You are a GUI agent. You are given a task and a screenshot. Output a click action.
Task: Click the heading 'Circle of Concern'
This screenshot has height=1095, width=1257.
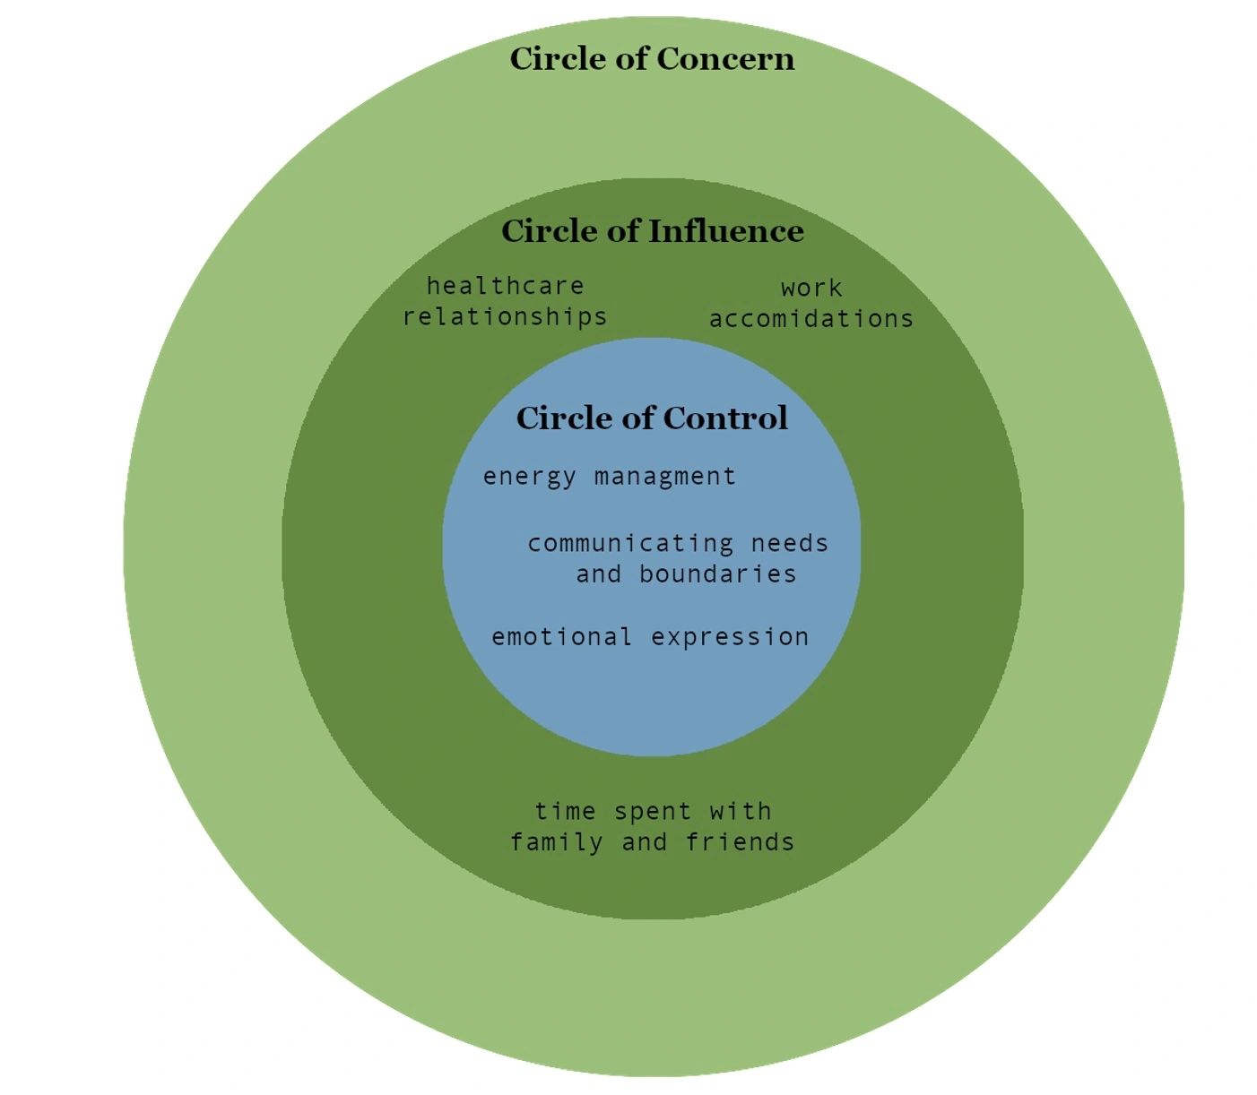pyautogui.click(x=652, y=59)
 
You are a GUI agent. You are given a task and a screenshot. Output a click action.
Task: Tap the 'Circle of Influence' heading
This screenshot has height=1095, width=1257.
pyautogui.click(x=652, y=231)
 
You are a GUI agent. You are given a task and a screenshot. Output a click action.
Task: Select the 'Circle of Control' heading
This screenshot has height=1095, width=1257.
pyautogui.click(x=652, y=418)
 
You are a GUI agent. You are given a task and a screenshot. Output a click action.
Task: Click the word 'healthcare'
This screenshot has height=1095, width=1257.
pyautogui.click(x=505, y=286)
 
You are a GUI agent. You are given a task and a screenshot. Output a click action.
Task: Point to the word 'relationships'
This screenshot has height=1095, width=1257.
pyautogui.click(x=505, y=316)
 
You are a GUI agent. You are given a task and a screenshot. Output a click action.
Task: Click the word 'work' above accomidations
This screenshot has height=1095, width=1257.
pyautogui.click(x=811, y=289)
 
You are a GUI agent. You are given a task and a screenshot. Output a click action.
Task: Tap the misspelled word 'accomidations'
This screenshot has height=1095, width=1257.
pyautogui.click(x=811, y=319)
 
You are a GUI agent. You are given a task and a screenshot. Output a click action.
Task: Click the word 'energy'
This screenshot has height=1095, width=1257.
pyautogui.click(x=529, y=477)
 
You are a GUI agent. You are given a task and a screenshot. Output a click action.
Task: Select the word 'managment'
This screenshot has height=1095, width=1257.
pyautogui.click(x=664, y=477)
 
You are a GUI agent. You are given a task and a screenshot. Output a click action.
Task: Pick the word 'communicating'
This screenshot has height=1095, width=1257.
pyautogui.click(x=630, y=543)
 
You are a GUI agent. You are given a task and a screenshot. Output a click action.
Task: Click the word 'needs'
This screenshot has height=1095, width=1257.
pyautogui.click(x=790, y=543)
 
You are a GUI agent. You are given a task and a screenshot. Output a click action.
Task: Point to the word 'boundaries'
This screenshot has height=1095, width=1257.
pyautogui.click(x=717, y=573)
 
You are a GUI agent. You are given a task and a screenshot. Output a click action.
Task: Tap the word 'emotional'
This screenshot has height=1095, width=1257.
pyautogui.click(x=561, y=637)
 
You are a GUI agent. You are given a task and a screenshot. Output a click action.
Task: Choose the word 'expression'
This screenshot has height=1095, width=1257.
pyautogui.click(x=730, y=637)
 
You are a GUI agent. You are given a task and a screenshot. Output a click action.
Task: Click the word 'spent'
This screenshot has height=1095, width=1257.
pyautogui.click(x=653, y=812)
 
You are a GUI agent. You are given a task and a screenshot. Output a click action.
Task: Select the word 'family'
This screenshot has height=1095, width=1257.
pyautogui.click(x=557, y=842)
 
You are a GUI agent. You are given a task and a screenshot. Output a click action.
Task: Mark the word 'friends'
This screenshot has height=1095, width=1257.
pyautogui.click(x=740, y=842)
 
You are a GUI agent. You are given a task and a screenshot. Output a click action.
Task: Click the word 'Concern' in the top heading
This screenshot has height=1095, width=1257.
pyautogui.click(x=725, y=59)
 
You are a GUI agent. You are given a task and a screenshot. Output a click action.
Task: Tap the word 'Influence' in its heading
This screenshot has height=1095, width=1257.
pyautogui.click(x=726, y=231)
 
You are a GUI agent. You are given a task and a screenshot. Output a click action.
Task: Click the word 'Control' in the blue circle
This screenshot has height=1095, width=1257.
pyautogui.click(x=725, y=418)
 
